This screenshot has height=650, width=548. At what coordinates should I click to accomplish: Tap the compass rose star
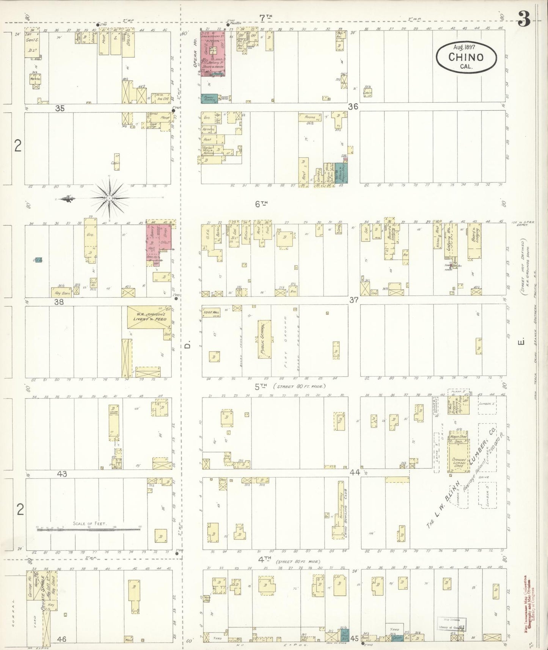click(109, 198)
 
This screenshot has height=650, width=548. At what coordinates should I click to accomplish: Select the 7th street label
click(266, 17)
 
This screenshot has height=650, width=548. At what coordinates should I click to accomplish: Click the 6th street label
click(261, 204)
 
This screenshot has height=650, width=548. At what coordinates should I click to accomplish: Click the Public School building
click(265, 339)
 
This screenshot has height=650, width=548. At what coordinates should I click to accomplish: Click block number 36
click(353, 107)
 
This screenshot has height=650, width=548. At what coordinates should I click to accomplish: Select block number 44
click(355, 473)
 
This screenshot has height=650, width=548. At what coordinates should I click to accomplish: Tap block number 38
click(58, 302)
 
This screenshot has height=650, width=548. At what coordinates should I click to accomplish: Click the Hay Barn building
click(61, 293)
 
